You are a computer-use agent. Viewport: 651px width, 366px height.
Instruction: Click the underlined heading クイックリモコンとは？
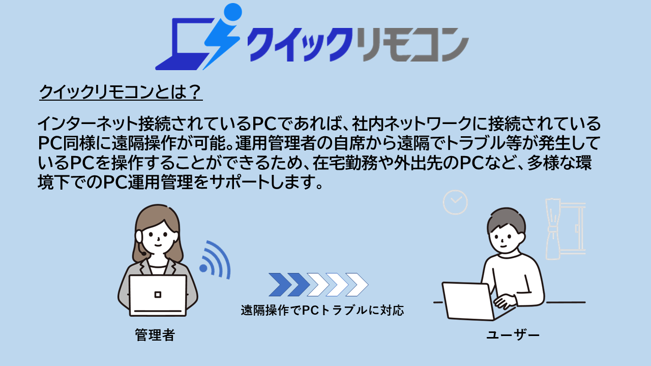click(x=121, y=92)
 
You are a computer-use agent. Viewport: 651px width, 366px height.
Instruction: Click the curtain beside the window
click(x=553, y=229)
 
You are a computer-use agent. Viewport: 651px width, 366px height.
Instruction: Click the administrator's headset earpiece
click(x=139, y=236)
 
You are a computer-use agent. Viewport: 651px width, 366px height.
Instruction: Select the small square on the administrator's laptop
click(x=158, y=294)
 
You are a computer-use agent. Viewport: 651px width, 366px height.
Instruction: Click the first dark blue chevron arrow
click(x=280, y=285)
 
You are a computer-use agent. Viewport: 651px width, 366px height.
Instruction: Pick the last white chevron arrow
click(x=357, y=285)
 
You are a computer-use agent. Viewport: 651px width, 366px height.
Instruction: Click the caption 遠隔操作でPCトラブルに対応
click(x=322, y=311)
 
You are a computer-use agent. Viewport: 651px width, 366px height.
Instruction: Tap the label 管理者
click(x=155, y=335)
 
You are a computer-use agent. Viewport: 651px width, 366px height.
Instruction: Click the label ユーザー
click(x=513, y=335)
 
